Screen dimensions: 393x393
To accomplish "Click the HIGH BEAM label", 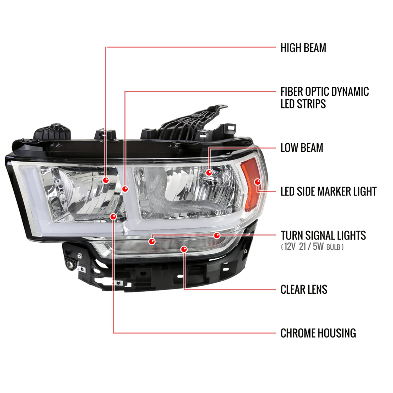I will pyautogui.click(x=303, y=48).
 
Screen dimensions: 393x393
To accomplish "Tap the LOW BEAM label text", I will pyautogui.click(x=302, y=148).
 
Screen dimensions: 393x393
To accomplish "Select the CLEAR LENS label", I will pyautogui.click(x=304, y=290).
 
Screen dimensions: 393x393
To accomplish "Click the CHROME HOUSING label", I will pyautogui.click(x=318, y=333).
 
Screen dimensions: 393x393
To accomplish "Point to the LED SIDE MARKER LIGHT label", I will pyautogui.click(x=328, y=192).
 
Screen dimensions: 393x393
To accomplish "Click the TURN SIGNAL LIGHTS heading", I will pyautogui.click(x=323, y=235).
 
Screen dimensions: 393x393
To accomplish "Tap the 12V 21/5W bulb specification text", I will pyautogui.click(x=312, y=247).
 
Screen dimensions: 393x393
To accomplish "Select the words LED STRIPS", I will pyautogui.click(x=303, y=104).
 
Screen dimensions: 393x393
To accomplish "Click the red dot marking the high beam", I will pyautogui.click(x=106, y=180).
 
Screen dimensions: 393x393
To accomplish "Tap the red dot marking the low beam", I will pyautogui.click(x=209, y=173).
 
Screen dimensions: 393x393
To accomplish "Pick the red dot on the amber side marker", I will pyautogui.click(x=258, y=182).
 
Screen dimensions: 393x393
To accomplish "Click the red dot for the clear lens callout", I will pyautogui.click(x=184, y=249).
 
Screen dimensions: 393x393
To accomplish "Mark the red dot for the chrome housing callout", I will pyautogui.click(x=113, y=217).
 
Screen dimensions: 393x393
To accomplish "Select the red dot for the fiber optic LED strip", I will pyautogui.click(x=125, y=189).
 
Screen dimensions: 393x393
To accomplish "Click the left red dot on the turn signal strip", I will pyautogui.click(x=152, y=241).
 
